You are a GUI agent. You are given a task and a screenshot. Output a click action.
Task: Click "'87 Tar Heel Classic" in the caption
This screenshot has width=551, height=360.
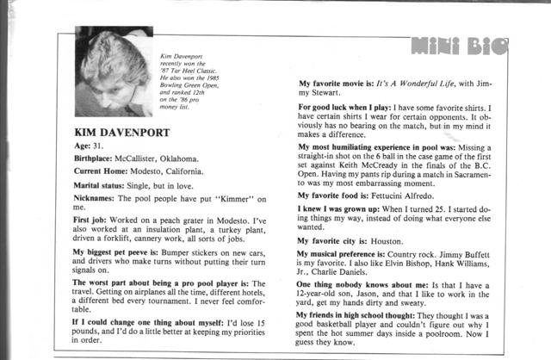pos(190,71)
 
